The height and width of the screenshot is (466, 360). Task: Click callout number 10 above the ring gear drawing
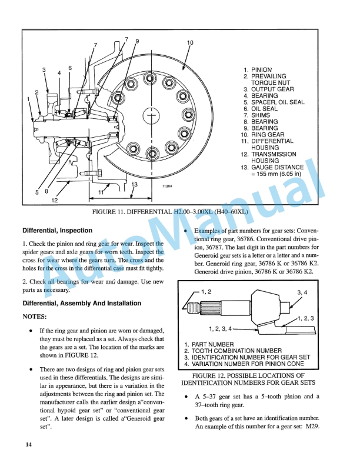189,43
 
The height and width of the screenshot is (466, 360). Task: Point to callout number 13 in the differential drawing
135,185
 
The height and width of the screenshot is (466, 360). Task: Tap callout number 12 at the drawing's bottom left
54,200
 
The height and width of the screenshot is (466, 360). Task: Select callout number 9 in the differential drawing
137,41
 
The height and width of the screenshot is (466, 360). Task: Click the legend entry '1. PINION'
257,70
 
